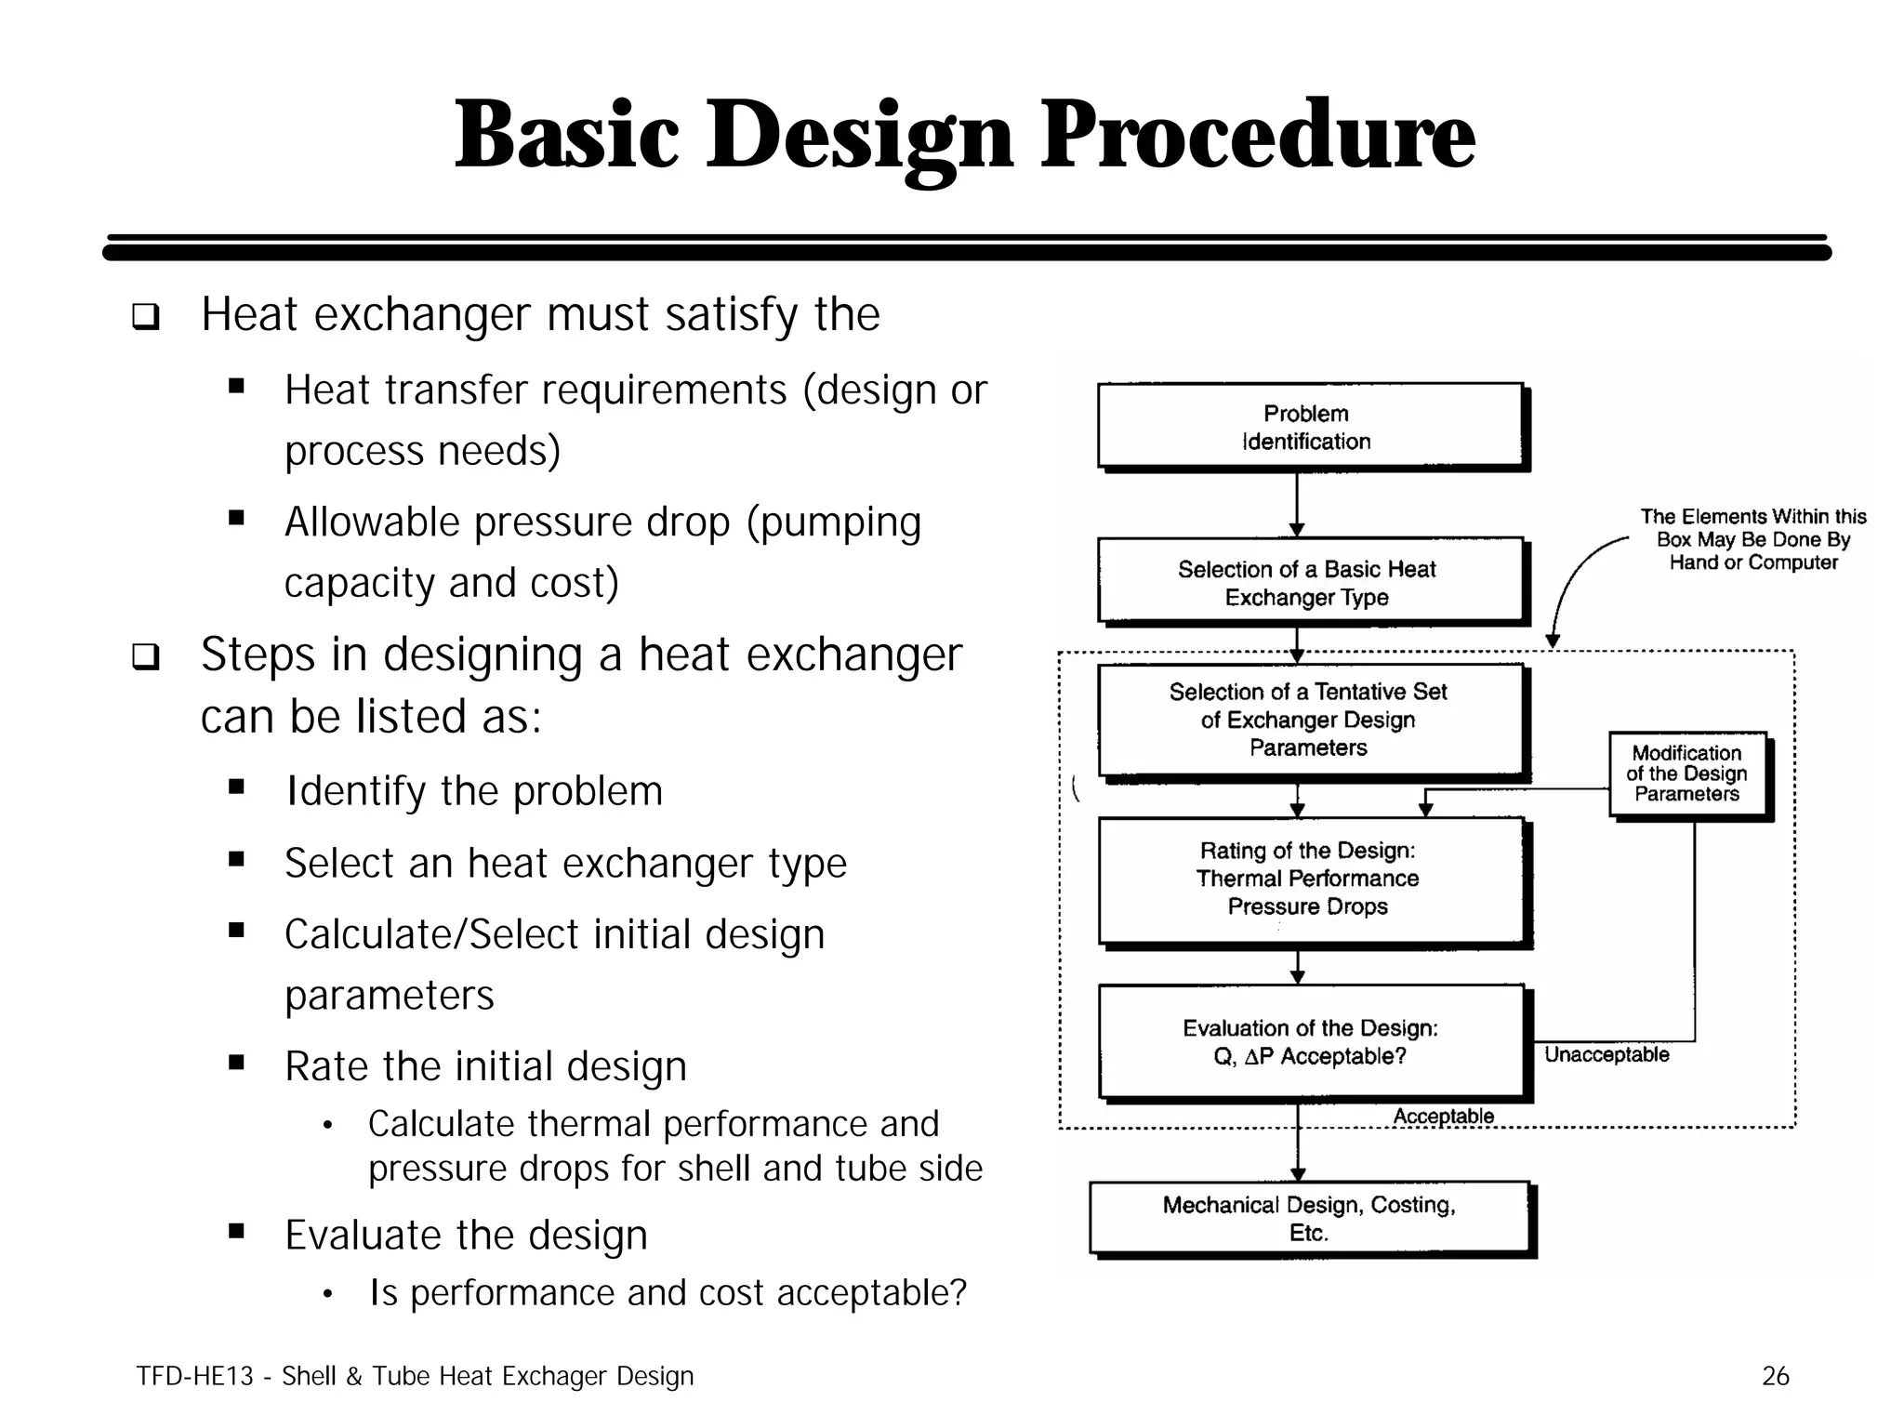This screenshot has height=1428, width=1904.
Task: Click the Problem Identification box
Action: point(1309,427)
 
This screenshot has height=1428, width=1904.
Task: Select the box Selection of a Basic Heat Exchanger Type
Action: point(1309,582)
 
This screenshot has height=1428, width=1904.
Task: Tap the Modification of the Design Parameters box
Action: point(1686,773)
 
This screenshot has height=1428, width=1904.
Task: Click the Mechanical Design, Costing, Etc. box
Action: point(1309,1219)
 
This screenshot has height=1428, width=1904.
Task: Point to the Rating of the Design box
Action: point(1309,879)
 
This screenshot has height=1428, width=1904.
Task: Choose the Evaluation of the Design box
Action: point(1309,1042)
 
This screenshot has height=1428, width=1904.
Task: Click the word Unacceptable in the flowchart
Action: point(1606,1054)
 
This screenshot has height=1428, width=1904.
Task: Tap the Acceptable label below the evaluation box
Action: point(1443,1116)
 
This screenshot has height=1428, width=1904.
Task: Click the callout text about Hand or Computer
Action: point(1752,539)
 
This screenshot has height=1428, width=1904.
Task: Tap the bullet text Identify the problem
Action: point(473,791)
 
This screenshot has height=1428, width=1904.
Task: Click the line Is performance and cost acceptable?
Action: point(668,1293)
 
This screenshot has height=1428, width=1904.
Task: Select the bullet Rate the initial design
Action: point(485,1066)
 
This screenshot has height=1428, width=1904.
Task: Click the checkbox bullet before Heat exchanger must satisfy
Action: point(145,317)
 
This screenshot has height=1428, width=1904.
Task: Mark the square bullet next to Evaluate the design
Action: point(236,1233)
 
